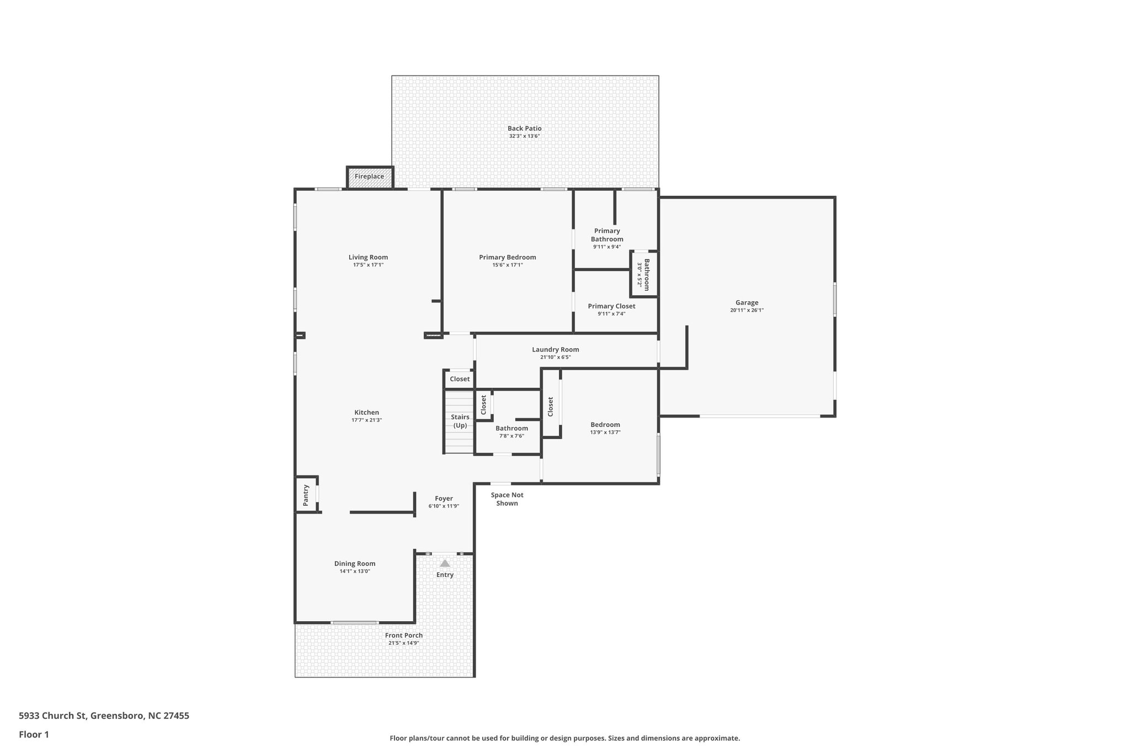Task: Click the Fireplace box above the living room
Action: point(370,177)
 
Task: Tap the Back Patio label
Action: point(524,129)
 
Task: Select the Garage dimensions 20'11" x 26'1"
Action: point(747,311)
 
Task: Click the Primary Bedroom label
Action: point(507,258)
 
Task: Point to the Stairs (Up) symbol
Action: point(460,421)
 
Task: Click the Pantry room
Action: point(306,495)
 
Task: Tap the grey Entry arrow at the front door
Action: point(445,563)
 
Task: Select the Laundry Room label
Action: point(555,350)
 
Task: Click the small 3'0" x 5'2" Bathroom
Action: point(644,274)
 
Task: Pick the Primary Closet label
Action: point(611,306)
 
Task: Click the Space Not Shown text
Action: point(507,499)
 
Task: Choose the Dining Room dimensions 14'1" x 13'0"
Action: point(355,572)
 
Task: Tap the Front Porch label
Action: point(404,635)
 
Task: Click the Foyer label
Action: point(444,499)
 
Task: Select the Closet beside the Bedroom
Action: point(551,407)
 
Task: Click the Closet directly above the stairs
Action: point(460,379)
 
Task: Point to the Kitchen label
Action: point(366,413)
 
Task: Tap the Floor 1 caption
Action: point(34,735)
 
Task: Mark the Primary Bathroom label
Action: point(607,235)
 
